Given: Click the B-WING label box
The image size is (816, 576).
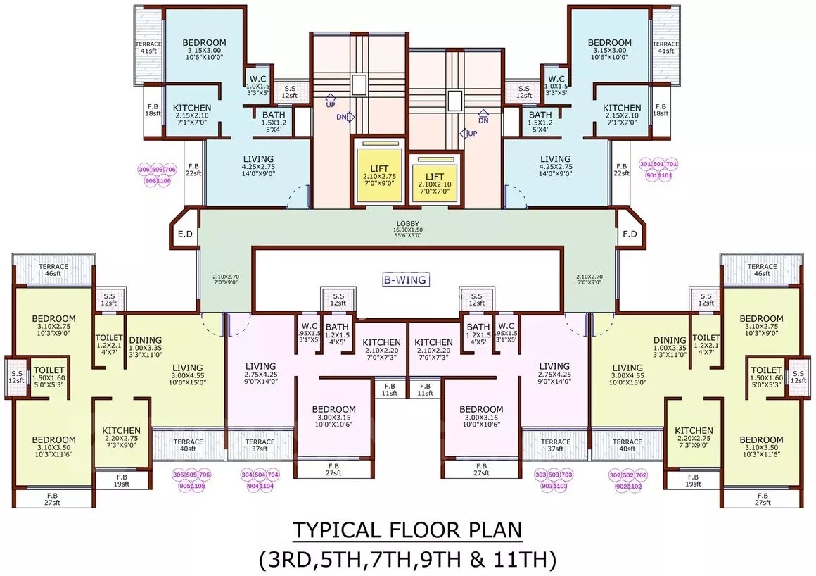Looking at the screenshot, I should [x=405, y=280].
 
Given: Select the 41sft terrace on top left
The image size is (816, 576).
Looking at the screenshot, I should [x=148, y=47].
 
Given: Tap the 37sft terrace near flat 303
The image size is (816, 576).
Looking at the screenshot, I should [x=556, y=446].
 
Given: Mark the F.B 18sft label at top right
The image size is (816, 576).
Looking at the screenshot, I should [x=661, y=109].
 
